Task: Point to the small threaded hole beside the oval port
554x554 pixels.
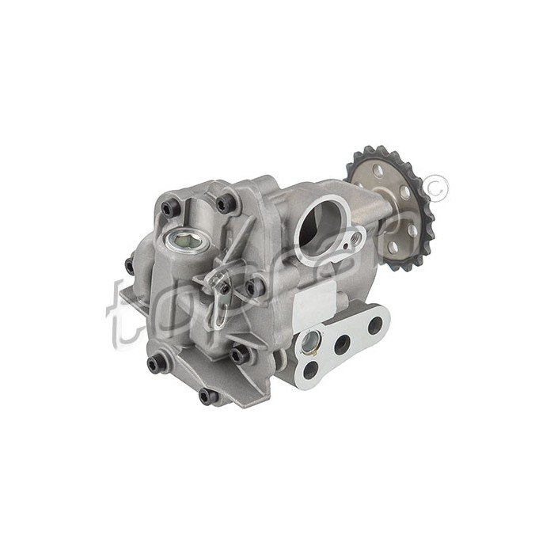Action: (x=354, y=237)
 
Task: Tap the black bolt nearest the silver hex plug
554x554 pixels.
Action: (x=169, y=209)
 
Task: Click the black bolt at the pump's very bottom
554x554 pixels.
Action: (x=208, y=396)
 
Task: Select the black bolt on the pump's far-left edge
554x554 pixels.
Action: (x=130, y=265)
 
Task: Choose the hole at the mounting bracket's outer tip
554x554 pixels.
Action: (x=375, y=324)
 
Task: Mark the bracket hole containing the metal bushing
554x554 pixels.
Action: (x=310, y=342)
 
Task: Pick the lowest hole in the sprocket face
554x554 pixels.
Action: (x=393, y=246)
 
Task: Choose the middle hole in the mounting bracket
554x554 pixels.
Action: (x=343, y=344)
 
